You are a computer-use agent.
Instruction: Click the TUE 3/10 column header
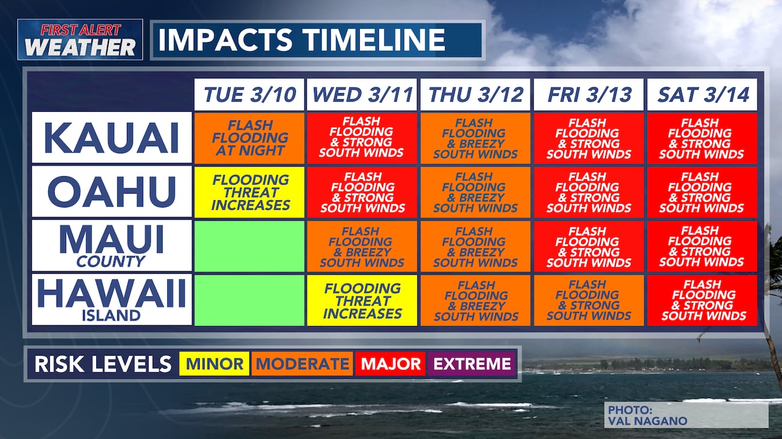(249, 94)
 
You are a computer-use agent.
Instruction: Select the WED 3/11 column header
(362, 94)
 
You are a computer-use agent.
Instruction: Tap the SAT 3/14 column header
(702, 94)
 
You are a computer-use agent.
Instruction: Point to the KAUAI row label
(112, 138)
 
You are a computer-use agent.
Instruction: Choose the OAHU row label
(112, 191)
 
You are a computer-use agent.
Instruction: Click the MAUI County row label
(112, 245)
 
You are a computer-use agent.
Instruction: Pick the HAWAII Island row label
(112, 299)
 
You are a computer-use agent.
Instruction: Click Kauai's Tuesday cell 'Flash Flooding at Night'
(249, 138)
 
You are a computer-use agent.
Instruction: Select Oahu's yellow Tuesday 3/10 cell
(249, 192)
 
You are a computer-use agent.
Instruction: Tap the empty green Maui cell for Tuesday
(249, 247)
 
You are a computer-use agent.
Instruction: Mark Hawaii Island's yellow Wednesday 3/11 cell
(362, 301)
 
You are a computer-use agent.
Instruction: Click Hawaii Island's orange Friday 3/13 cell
(588, 301)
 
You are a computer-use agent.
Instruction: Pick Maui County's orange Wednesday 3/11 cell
(362, 247)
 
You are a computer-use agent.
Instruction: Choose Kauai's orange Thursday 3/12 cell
(475, 138)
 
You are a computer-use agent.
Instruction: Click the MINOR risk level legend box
(214, 364)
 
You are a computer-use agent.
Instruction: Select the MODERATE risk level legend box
(303, 364)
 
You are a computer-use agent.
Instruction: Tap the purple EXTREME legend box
(472, 364)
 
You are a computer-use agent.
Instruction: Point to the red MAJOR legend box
(390, 364)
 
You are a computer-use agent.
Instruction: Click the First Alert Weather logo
(80, 40)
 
